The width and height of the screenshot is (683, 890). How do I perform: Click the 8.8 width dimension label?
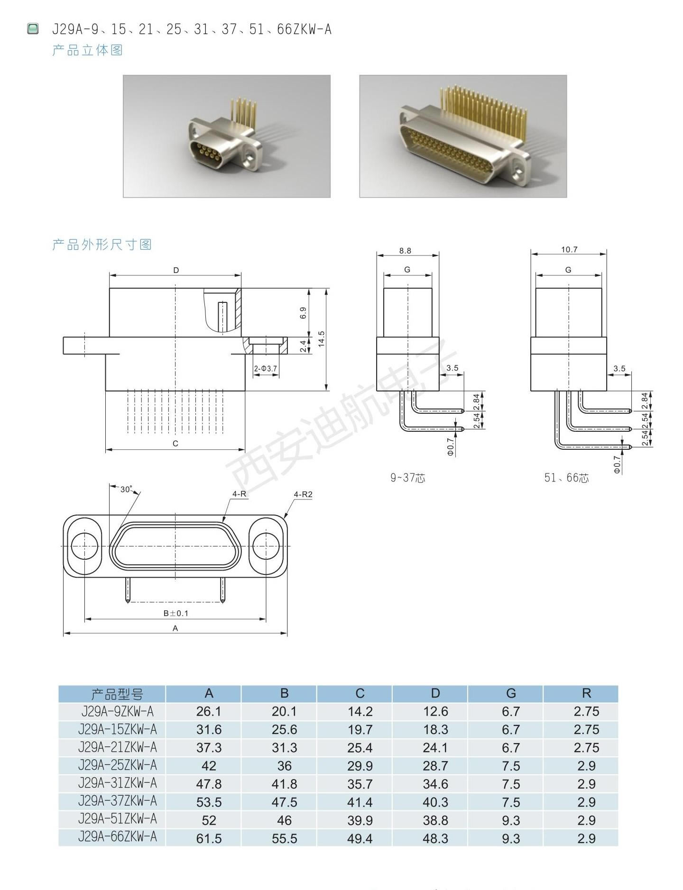point(405,251)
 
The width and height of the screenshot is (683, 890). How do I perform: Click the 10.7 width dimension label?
point(569,249)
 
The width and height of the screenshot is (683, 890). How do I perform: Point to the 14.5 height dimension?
point(322,339)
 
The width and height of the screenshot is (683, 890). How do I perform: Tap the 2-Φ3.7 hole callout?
point(266,368)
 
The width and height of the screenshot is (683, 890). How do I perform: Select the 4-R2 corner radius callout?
point(303,494)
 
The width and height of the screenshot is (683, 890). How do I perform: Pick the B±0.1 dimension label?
point(176,613)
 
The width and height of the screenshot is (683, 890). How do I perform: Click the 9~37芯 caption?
point(407,478)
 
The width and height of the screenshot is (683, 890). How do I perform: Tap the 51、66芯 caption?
point(566,478)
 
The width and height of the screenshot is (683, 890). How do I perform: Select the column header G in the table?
point(511,693)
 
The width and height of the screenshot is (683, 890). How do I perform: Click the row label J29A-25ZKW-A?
point(117,765)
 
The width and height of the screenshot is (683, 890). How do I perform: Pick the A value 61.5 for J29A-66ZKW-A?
point(209,838)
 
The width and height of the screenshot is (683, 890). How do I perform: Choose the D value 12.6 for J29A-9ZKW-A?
point(435,711)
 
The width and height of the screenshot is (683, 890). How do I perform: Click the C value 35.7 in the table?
point(360,784)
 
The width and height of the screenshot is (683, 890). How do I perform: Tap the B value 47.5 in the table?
point(285,802)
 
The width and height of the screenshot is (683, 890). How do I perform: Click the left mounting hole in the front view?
point(85,546)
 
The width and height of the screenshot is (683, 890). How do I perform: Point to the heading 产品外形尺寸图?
point(102,245)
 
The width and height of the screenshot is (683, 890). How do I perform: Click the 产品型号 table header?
point(117,694)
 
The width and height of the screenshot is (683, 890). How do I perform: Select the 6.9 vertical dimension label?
point(304,313)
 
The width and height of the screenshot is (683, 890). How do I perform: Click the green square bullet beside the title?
point(33,29)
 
